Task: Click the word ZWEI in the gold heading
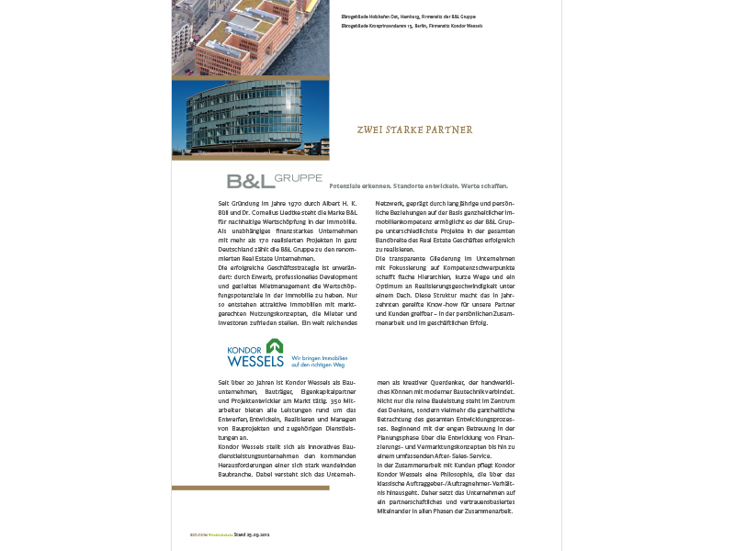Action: pos(368,130)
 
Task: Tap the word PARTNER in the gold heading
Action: pos(451,130)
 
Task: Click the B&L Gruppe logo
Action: pos(275,180)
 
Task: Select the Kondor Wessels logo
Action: pos(256,354)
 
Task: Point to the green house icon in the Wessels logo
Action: pos(275,346)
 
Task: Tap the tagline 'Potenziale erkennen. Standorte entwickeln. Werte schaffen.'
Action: pos(417,186)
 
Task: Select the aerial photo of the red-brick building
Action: pos(250,37)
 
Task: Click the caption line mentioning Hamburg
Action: pos(408,17)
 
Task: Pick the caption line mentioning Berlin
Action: pos(411,26)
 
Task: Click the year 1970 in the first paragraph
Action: pos(292,202)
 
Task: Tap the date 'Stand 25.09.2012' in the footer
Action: pos(252,534)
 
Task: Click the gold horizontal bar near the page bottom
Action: pos(250,488)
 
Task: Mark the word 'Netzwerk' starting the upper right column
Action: pos(391,202)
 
